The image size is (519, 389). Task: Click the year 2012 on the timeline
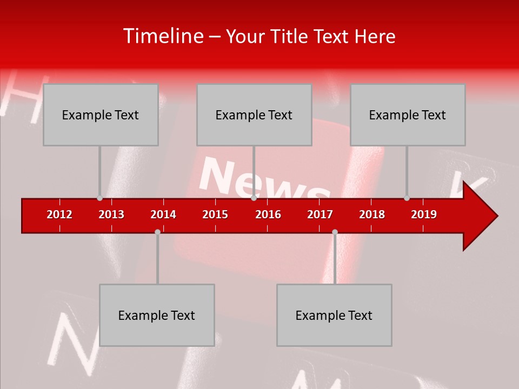59,214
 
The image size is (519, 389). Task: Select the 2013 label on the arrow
111,214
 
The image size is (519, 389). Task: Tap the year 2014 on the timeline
163,214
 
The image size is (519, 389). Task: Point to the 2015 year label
215,214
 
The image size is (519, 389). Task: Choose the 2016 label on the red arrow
268,214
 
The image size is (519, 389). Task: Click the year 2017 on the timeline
320,214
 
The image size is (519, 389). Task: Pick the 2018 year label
372,214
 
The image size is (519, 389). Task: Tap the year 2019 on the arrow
424,214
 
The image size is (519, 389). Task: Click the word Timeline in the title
162,36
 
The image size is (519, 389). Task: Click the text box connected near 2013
101,115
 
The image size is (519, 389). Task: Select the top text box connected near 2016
254,115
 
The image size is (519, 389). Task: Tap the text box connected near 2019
408,115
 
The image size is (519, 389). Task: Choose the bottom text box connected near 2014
157,315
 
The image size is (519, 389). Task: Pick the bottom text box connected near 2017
334,315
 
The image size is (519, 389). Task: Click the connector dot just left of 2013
99,198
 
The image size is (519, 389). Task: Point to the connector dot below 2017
335,232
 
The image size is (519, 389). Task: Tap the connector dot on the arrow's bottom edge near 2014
157,232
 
